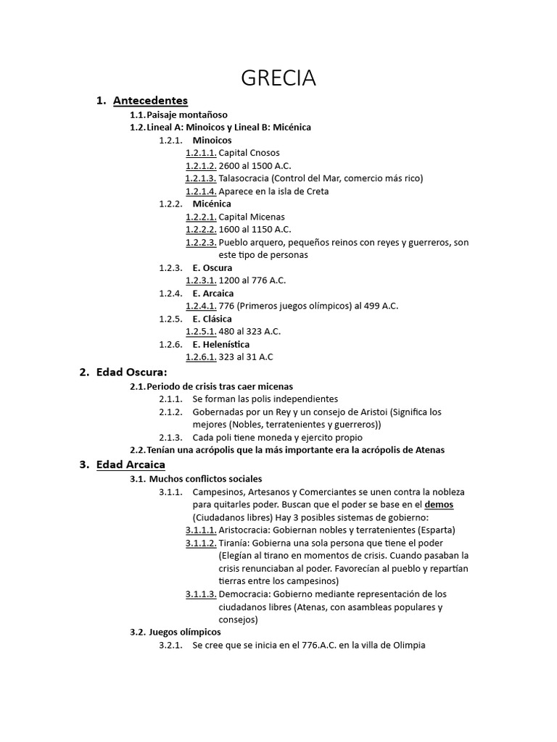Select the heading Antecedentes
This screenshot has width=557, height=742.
150,101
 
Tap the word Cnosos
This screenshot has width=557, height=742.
265,153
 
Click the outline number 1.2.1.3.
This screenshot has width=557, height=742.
201,178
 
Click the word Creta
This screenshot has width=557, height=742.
315,191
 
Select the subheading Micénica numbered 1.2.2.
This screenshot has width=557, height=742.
212,204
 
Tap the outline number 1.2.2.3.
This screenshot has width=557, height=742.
201,242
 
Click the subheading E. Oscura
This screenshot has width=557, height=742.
213,267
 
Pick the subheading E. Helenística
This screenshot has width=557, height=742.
220,344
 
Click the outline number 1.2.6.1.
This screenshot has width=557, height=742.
201,357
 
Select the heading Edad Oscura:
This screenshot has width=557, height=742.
131,372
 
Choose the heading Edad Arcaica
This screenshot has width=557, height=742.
131,464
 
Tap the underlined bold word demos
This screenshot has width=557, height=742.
439,504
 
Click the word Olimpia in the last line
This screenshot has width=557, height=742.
407,645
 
